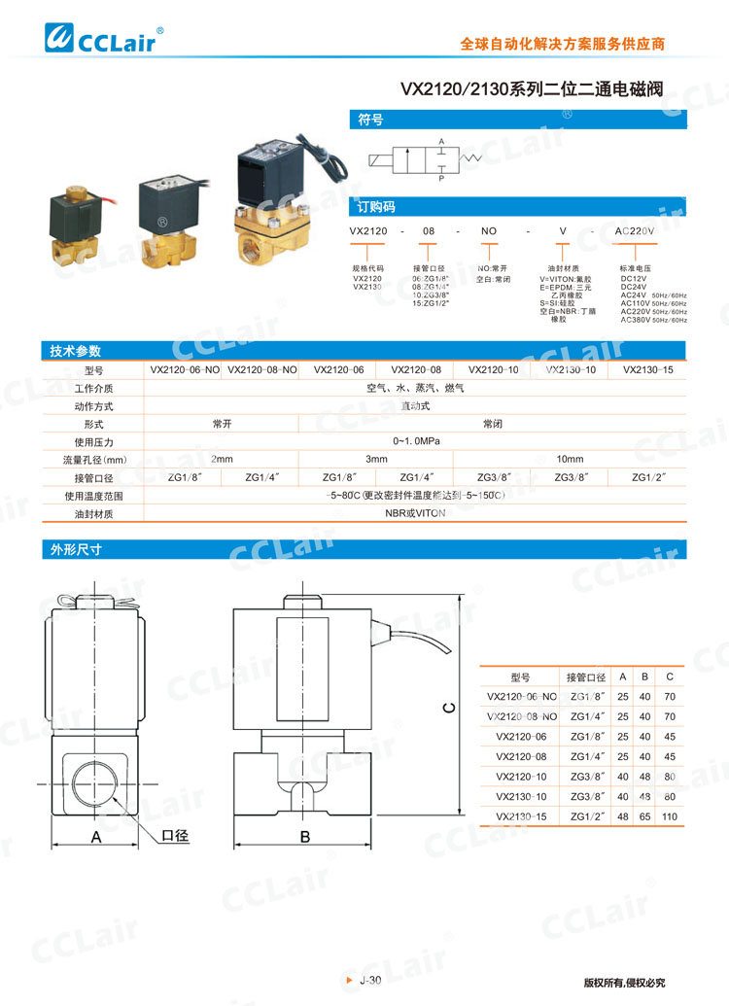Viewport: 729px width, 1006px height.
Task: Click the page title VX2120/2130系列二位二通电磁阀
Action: click(x=532, y=89)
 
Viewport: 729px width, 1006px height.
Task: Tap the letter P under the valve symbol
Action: click(x=440, y=179)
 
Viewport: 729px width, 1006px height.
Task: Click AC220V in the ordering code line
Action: click(x=636, y=230)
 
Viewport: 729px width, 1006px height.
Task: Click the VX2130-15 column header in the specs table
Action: click(x=647, y=369)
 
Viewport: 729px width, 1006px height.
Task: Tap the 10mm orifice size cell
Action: click(x=570, y=459)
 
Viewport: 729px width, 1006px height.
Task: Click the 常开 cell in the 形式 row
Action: click(x=222, y=424)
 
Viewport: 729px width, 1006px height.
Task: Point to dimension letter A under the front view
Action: click(x=96, y=836)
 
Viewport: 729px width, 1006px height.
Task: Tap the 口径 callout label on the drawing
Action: click(x=175, y=835)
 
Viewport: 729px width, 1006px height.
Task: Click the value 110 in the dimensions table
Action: click(x=670, y=816)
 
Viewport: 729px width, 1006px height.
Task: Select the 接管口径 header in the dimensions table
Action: click(x=586, y=676)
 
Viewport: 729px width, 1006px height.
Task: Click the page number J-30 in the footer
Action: click(x=369, y=981)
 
